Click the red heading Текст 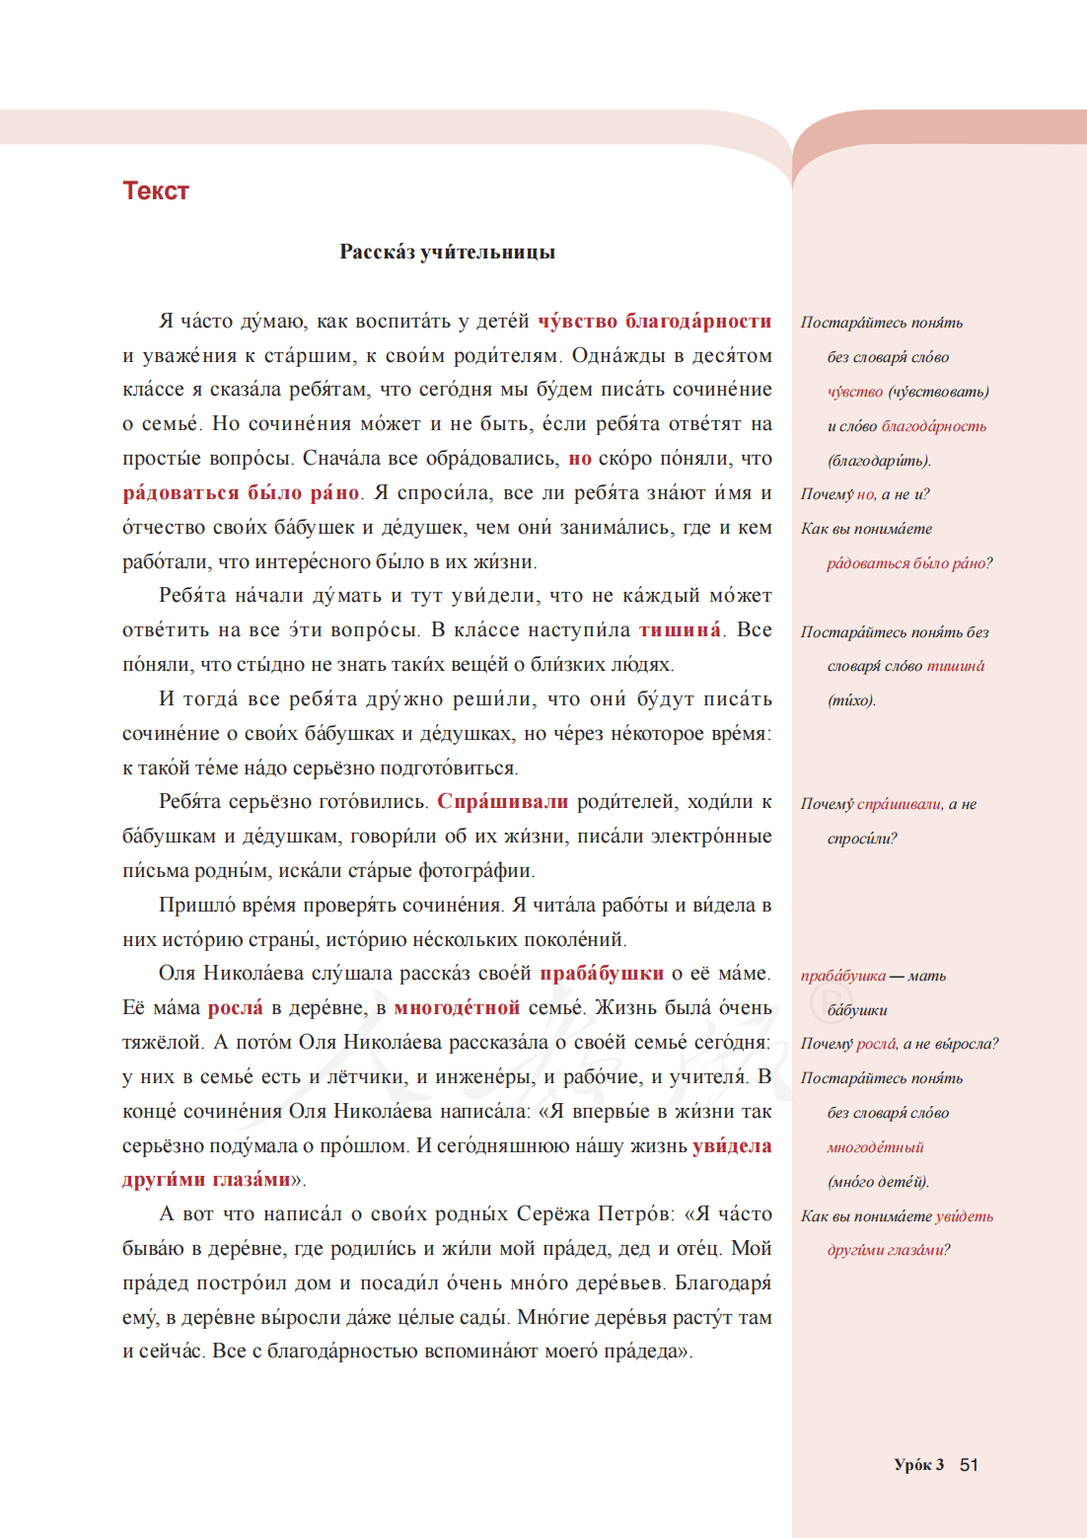click(155, 190)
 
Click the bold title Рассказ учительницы click(447, 252)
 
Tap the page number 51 click(969, 1464)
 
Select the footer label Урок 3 click(918, 1464)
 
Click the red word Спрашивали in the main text click(502, 802)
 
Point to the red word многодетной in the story click(457, 1007)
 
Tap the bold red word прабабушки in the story click(601, 974)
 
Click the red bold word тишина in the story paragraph click(680, 630)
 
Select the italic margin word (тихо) click(851, 700)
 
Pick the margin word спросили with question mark click(862, 839)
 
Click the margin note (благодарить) click(879, 461)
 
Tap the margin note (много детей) click(878, 1182)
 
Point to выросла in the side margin click(966, 1044)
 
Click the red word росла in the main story click(235, 1007)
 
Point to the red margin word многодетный click(875, 1147)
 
